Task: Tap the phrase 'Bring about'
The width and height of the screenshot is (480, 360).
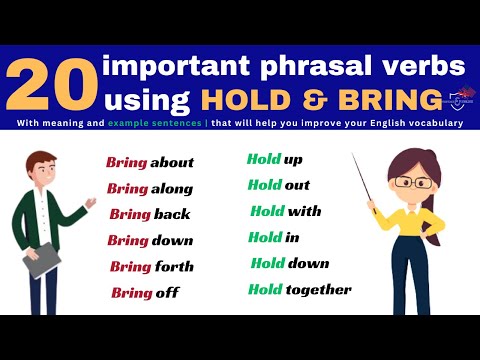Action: tap(150, 162)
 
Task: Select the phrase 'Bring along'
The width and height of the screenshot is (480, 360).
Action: tap(149, 188)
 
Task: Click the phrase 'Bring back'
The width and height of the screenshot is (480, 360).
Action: tap(149, 214)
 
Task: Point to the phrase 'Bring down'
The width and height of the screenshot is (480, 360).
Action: tap(150, 240)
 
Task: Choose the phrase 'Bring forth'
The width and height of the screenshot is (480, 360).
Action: tap(151, 266)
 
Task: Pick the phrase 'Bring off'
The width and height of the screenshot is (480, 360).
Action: tap(145, 292)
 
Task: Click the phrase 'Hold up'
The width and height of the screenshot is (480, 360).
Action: tap(274, 159)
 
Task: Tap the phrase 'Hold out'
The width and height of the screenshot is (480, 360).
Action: tap(278, 185)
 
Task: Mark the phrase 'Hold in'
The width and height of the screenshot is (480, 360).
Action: tap(273, 237)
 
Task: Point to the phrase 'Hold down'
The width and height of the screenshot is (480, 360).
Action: tap(290, 263)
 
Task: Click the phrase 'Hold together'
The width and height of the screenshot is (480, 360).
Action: tap(300, 289)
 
